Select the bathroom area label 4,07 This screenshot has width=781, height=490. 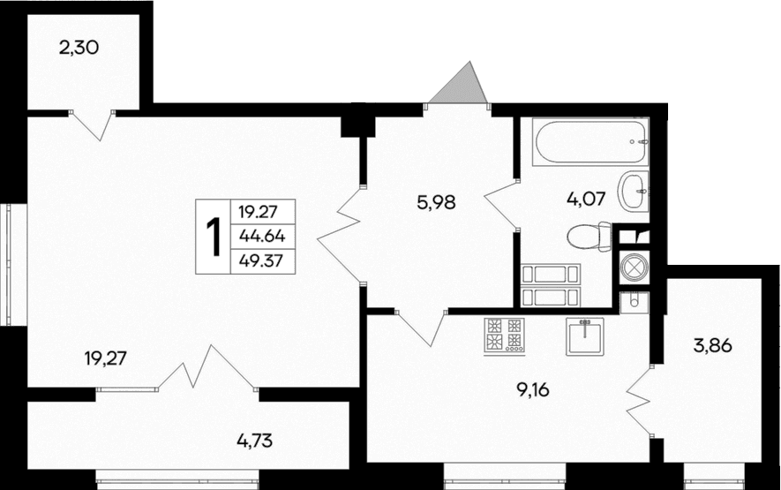click(x=585, y=198)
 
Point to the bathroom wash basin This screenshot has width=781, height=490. click(x=633, y=191)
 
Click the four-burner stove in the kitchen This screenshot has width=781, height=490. click(x=504, y=335)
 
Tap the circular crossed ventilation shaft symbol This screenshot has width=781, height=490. click(x=634, y=267)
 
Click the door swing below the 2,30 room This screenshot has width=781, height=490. click(x=93, y=124)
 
